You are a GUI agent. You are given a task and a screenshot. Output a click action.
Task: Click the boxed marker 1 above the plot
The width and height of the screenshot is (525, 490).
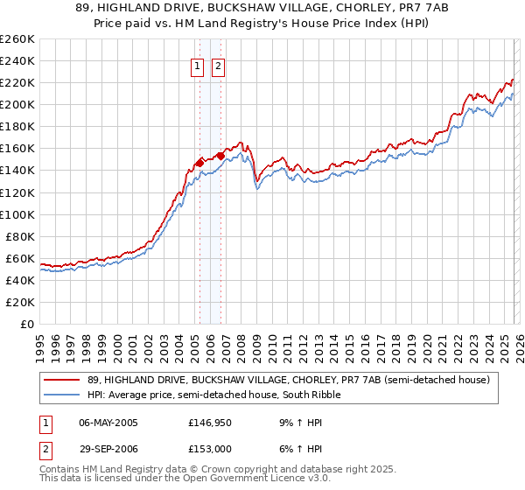click(197, 66)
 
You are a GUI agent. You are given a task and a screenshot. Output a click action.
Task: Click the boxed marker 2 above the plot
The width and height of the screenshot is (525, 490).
click(217, 66)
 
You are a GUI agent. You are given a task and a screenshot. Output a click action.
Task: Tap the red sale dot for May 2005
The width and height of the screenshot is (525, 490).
click(199, 162)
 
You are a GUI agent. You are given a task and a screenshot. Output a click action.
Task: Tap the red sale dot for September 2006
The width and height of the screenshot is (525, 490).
click(221, 156)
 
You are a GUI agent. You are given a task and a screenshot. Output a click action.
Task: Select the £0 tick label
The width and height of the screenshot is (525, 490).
click(26, 324)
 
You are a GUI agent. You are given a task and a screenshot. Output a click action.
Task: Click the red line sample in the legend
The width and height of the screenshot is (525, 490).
click(62, 381)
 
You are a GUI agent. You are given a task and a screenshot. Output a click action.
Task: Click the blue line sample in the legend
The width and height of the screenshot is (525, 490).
click(62, 395)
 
